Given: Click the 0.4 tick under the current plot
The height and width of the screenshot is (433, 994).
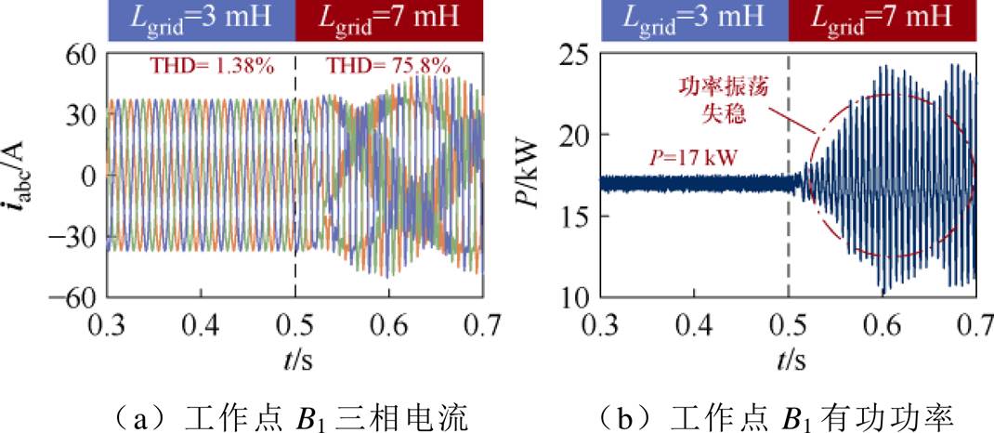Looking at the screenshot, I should (202, 325).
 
